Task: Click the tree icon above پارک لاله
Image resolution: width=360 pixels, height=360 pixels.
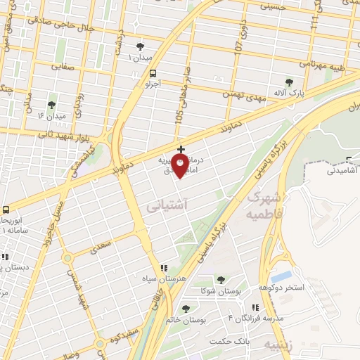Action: tap(289, 82)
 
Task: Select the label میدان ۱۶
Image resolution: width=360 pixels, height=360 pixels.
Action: tap(51, 115)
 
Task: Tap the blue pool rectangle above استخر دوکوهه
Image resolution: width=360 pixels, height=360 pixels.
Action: tap(281, 276)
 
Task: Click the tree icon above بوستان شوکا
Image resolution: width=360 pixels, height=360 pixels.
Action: tap(221, 279)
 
